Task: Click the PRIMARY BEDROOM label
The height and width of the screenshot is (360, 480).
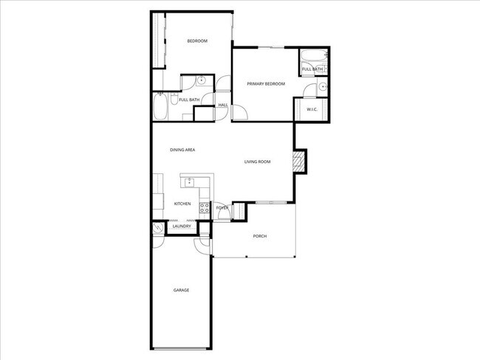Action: click(x=266, y=84)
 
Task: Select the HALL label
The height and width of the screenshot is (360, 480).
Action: click(x=223, y=105)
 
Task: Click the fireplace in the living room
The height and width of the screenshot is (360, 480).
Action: click(x=299, y=162)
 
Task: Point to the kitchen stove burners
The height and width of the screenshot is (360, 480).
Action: click(x=204, y=208)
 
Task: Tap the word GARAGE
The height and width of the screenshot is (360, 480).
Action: click(x=182, y=290)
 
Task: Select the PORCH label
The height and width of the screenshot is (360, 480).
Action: click(x=259, y=236)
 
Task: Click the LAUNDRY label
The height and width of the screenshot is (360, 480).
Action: click(x=182, y=226)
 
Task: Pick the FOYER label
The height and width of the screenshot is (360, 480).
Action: click(x=222, y=209)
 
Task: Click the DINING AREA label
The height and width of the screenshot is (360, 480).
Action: click(x=182, y=150)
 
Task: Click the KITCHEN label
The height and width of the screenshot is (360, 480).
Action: click(x=182, y=204)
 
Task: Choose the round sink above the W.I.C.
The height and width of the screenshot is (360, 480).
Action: click(x=323, y=89)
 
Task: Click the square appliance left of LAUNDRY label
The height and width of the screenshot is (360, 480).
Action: click(x=159, y=229)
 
